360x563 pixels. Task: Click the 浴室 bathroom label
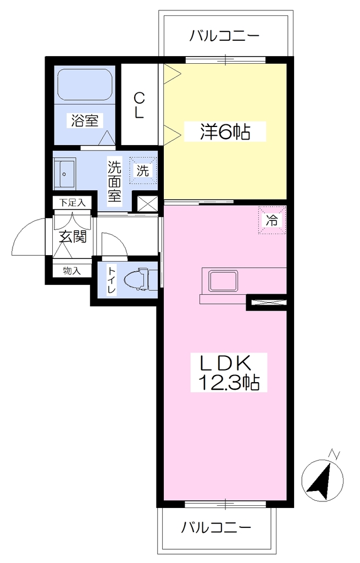(85, 120)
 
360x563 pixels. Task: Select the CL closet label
(139, 105)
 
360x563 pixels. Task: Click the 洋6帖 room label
(225, 132)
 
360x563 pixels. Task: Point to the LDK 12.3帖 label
(229, 372)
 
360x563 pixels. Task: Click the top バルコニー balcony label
(224, 36)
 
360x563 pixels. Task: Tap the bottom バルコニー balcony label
(215, 527)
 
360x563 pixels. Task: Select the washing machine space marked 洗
(143, 170)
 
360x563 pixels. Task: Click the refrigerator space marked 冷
(272, 220)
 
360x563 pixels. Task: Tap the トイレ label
(111, 280)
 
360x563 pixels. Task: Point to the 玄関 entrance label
(73, 236)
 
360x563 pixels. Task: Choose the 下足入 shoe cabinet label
(73, 202)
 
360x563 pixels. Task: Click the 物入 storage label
(72, 271)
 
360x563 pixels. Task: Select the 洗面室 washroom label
(115, 181)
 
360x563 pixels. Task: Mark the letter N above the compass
(335, 454)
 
